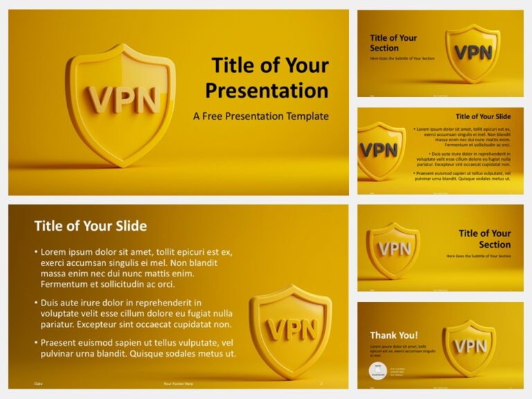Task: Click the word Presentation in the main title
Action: (267, 90)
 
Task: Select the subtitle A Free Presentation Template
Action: (260, 116)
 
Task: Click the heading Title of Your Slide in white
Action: (90, 226)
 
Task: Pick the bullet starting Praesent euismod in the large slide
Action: (136, 348)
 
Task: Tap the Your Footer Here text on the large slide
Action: (177, 384)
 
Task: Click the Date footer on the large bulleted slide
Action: (37, 384)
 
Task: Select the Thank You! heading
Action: (393, 336)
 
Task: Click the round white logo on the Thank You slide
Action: (378, 371)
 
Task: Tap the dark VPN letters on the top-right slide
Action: (473, 53)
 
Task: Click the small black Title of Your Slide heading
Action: (483, 116)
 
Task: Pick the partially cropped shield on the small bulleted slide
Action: (379, 150)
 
